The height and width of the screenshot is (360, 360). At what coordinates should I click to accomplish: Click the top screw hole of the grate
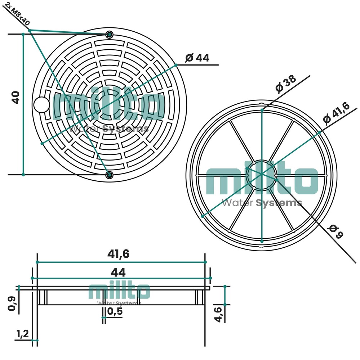[x=110, y=35]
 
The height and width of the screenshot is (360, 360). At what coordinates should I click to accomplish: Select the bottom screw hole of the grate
[x=110, y=175]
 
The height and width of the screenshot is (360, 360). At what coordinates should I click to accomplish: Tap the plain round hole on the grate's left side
[x=41, y=105]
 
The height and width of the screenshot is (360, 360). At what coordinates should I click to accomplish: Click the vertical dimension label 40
[x=16, y=98]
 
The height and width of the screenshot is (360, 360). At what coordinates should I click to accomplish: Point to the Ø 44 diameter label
[x=197, y=58]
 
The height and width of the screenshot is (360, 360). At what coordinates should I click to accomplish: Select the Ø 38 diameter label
[x=286, y=84]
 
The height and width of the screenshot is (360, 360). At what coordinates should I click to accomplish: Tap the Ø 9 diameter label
[x=336, y=231]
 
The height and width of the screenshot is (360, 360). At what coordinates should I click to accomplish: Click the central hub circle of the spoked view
[x=262, y=175]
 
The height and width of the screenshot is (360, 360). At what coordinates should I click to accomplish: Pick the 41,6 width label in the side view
[x=119, y=254]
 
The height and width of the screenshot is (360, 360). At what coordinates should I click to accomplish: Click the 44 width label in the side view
[x=118, y=273]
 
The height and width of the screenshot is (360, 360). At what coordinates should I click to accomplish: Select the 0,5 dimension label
[x=115, y=311]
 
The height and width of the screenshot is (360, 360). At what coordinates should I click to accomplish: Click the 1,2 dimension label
[x=23, y=334]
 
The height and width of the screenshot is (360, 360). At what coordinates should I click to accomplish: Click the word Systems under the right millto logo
[x=279, y=203]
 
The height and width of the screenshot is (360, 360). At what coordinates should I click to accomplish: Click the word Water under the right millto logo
[x=237, y=203]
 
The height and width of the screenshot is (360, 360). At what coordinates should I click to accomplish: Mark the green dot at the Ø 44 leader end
[x=176, y=65]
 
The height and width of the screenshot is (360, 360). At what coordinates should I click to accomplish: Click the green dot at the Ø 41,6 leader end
[x=319, y=132]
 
